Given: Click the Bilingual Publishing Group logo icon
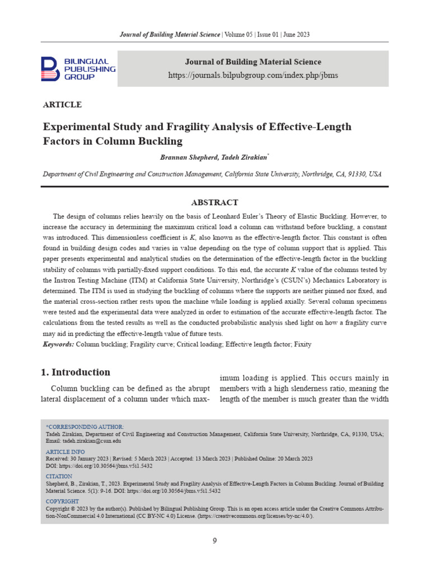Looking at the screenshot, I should pyautogui.click(x=50, y=69).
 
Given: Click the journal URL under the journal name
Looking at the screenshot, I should pyautogui.click(x=254, y=75).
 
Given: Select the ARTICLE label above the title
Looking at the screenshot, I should pyautogui.click(x=62, y=105).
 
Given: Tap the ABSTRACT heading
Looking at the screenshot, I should pyautogui.click(x=215, y=202).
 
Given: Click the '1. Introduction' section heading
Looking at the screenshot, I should pyautogui.click(x=77, y=372).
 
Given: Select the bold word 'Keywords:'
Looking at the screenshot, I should pyautogui.click(x=59, y=344).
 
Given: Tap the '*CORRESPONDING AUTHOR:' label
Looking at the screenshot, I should pyautogui.click(x=85, y=427).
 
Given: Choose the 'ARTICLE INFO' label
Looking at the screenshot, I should pyautogui.click(x=65, y=451).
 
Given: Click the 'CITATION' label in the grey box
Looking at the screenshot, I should pyautogui.click(x=59, y=476).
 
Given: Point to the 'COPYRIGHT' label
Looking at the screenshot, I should pyautogui.click(x=62, y=501).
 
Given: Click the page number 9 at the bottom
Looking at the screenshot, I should pyautogui.click(x=214, y=540).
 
